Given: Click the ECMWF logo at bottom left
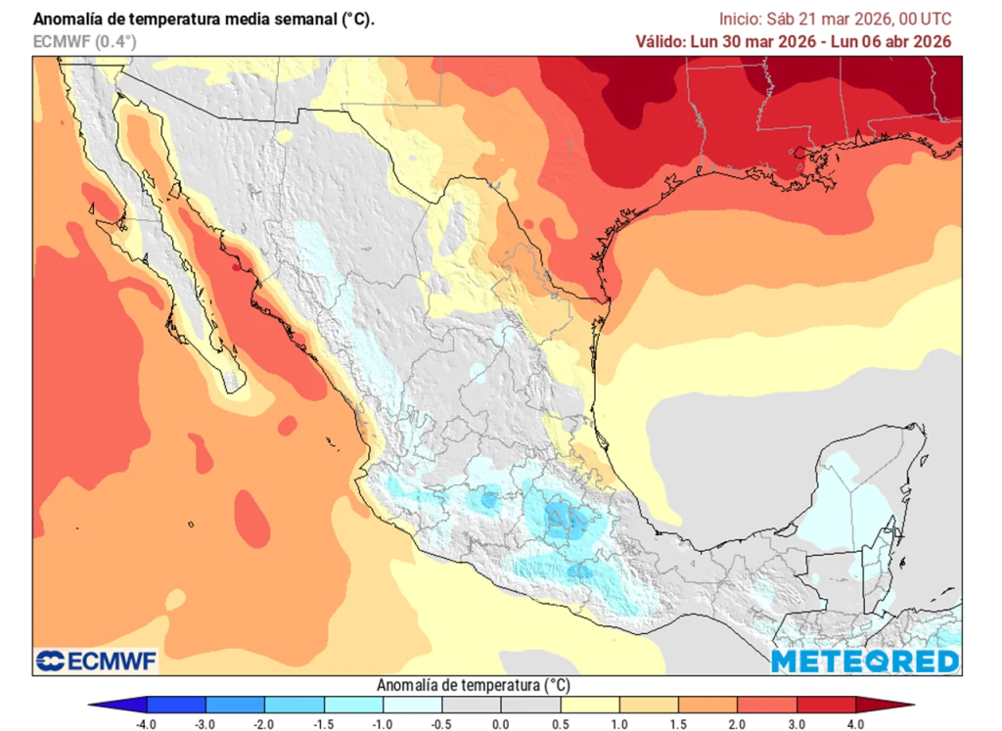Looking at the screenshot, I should point(96,662).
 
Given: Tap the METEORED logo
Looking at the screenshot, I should point(864,662).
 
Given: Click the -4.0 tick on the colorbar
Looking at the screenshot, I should point(146,723).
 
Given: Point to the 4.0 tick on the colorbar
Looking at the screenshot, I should point(855,723).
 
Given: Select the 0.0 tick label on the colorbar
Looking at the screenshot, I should point(501,723).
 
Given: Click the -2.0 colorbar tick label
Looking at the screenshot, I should point(264,723).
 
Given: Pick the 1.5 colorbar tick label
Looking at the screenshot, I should point(678,723).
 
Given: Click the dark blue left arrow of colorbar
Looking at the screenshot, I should point(117,705).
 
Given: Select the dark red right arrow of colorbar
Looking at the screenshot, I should point(885,705).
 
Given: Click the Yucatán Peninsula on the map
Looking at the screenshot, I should point(861,499).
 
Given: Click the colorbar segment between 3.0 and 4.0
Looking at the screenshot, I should point(826,705).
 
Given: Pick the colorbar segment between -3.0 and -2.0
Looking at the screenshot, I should point(235,705).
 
